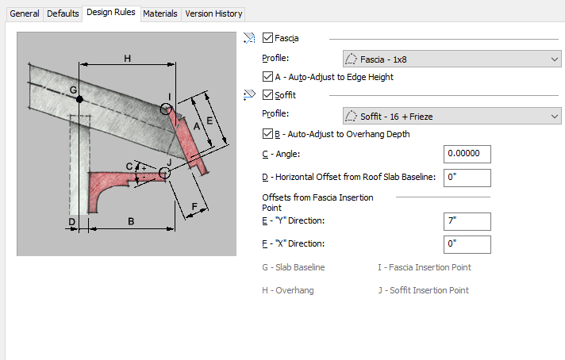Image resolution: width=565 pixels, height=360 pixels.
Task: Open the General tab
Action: [x=25, y=14]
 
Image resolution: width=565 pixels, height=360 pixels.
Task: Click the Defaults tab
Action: [x=63, y=14]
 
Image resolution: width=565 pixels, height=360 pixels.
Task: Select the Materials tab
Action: [x=160, y=14]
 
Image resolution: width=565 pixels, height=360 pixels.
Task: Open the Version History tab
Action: [x=213, y=14]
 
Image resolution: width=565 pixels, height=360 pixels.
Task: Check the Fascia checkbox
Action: [x=267, y=38]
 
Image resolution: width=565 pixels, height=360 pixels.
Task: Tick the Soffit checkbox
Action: [x=267, y=94]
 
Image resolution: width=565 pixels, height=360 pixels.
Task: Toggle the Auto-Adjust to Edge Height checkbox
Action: [x=267, y=76]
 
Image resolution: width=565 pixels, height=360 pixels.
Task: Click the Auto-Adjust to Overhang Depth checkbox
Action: [x=267, y=133]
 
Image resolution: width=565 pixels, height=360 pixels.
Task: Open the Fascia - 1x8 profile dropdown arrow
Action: [x=555, y=59]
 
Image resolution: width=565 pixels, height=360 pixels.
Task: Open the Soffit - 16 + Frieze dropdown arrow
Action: [x=555, y=117]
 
